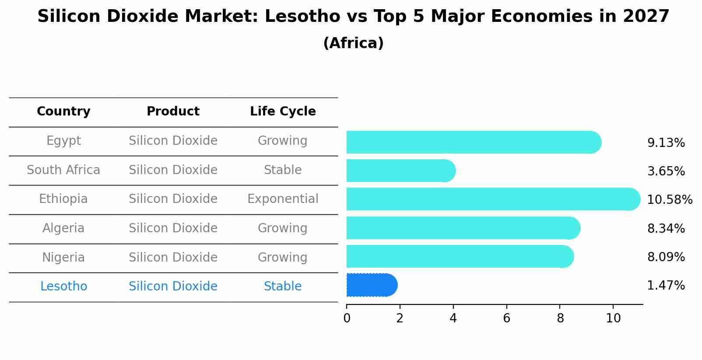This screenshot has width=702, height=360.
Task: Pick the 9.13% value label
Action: pos(666,143)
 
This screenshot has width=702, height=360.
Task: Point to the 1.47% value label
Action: pos(666,286)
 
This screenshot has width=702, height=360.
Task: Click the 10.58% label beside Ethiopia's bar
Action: pos(669,200)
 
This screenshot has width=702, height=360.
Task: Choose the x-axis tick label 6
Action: pos(506,318)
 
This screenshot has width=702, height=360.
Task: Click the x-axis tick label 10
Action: pos(613,318)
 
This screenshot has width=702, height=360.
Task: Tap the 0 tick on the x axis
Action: pos(347,318)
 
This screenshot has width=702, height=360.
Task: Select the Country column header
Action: pos(63,112)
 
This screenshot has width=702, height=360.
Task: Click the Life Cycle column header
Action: pos(283,112)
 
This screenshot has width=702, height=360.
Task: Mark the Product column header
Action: pos(173,112)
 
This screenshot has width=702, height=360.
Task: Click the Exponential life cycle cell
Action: pos(283,199)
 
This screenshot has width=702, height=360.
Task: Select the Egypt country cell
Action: pos(63,141)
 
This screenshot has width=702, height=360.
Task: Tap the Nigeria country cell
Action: pos(63,257)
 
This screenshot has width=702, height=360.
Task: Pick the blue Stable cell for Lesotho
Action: pos(283,287)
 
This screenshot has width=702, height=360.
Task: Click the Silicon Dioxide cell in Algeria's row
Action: pos(173,228)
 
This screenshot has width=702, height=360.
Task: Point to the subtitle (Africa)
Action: pos(353,43)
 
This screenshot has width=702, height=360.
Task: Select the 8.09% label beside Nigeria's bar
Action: pos(666,257)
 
